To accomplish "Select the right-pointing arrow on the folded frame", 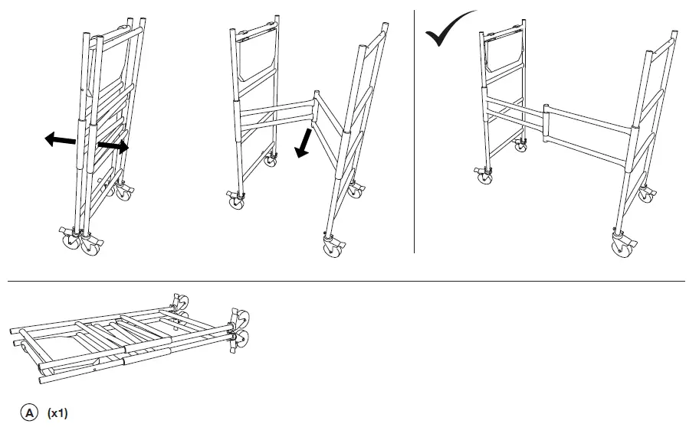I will (112, 144).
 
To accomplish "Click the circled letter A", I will (29, 413).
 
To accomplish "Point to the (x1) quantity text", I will (57, 413).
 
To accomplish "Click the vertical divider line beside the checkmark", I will (414, 153).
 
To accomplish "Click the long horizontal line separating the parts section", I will (345, 281).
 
